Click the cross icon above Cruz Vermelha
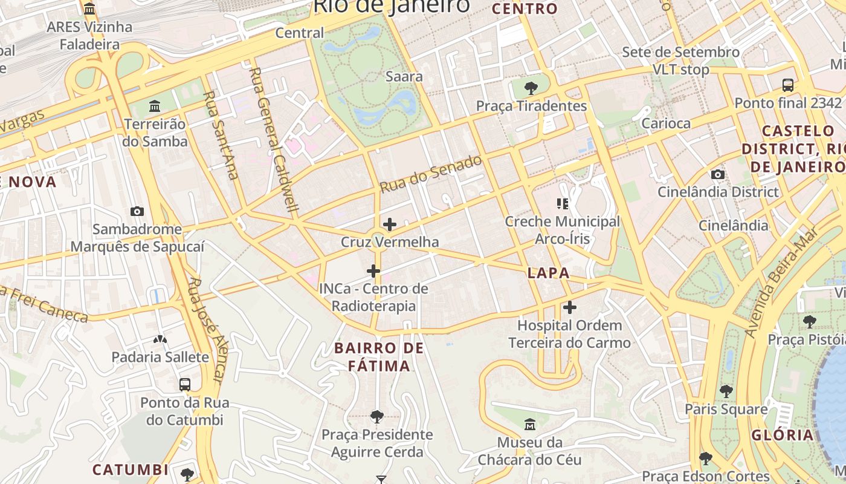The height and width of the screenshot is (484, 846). tap(390, 224)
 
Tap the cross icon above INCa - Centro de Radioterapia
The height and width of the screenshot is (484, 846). tap(373, 270)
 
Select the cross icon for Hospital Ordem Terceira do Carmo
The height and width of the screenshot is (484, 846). tap(569, 307)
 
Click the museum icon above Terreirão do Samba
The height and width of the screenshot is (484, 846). tap(155, 106)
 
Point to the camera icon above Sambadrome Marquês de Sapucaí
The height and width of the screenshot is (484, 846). tap(137, 211)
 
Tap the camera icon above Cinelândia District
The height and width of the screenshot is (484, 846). tap(717, 174)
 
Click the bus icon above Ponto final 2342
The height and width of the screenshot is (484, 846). tap(788, 85)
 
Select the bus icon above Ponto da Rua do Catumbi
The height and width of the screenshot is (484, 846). tap(185, 384)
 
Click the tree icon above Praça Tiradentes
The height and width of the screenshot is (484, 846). tap(531, 88)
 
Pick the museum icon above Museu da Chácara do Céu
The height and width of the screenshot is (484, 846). tap(530, 424)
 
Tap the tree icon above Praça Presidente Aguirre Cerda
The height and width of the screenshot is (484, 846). tap(377, 416)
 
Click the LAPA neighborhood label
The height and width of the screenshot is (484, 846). tap(548, 273)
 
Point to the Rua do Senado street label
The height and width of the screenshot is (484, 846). tap(431, 174)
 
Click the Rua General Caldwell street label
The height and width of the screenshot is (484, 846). tap(274, 139)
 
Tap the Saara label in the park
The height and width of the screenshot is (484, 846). tap(404, 77)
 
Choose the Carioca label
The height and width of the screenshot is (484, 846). tap(666, 123)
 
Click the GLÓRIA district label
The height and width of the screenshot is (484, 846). tap(783, 435)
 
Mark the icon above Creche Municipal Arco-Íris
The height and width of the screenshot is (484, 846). tap(563, 204)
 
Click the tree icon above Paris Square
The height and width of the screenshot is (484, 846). tap(726, 391)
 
